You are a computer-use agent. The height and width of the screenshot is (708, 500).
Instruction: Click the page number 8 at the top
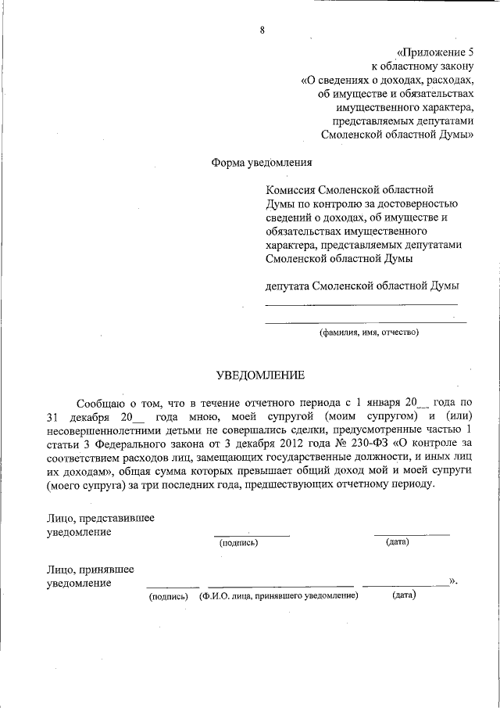(262, 31)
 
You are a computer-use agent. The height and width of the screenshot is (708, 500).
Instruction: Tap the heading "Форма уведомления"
(261, 163)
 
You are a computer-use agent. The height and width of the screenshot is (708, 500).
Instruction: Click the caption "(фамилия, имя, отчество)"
(367, 332)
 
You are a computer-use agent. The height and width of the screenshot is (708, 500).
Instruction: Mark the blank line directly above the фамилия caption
(366, 322)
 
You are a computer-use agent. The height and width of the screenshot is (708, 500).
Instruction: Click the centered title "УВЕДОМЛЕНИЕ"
(260, 376)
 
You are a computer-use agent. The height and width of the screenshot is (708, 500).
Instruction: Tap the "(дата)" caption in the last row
(403, 595)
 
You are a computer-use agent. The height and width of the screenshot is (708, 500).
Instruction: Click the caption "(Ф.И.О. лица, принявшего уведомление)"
(278, 595)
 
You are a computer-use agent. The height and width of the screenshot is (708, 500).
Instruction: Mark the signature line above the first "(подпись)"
(251, 535)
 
